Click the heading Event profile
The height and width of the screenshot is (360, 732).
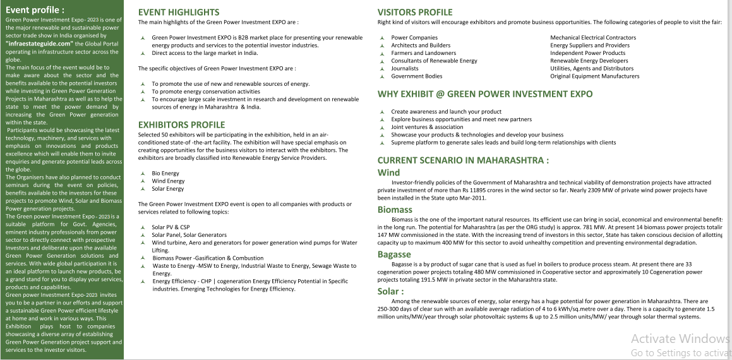click(35, 9)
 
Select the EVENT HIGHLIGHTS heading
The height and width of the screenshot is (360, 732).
click(179, 12)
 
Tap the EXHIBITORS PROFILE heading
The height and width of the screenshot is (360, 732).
click(181, 124)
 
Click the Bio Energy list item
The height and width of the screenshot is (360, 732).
click(165, 173)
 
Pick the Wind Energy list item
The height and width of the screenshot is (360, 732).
click(168, 181)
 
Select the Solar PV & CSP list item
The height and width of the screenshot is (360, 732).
click(171, 227)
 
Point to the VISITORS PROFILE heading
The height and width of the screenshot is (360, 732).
click(415, 12)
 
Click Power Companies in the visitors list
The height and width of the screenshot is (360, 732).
click(414, 37)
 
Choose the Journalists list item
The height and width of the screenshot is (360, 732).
click(405, 68)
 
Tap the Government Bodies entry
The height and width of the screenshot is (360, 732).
click(416, 76)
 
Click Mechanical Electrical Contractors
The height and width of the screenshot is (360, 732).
click(593, 37)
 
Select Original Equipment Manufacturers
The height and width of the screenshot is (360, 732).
click(594, 76)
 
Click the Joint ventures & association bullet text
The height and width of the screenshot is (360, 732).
click(427, 127)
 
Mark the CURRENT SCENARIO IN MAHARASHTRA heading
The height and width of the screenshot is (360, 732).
click(463, 160)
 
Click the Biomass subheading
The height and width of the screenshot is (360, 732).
click(395, 209)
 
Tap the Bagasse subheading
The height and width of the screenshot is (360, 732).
click(394, 254)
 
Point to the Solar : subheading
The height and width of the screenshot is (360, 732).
click(390, 291)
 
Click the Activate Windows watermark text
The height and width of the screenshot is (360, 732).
click(681, 339)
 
